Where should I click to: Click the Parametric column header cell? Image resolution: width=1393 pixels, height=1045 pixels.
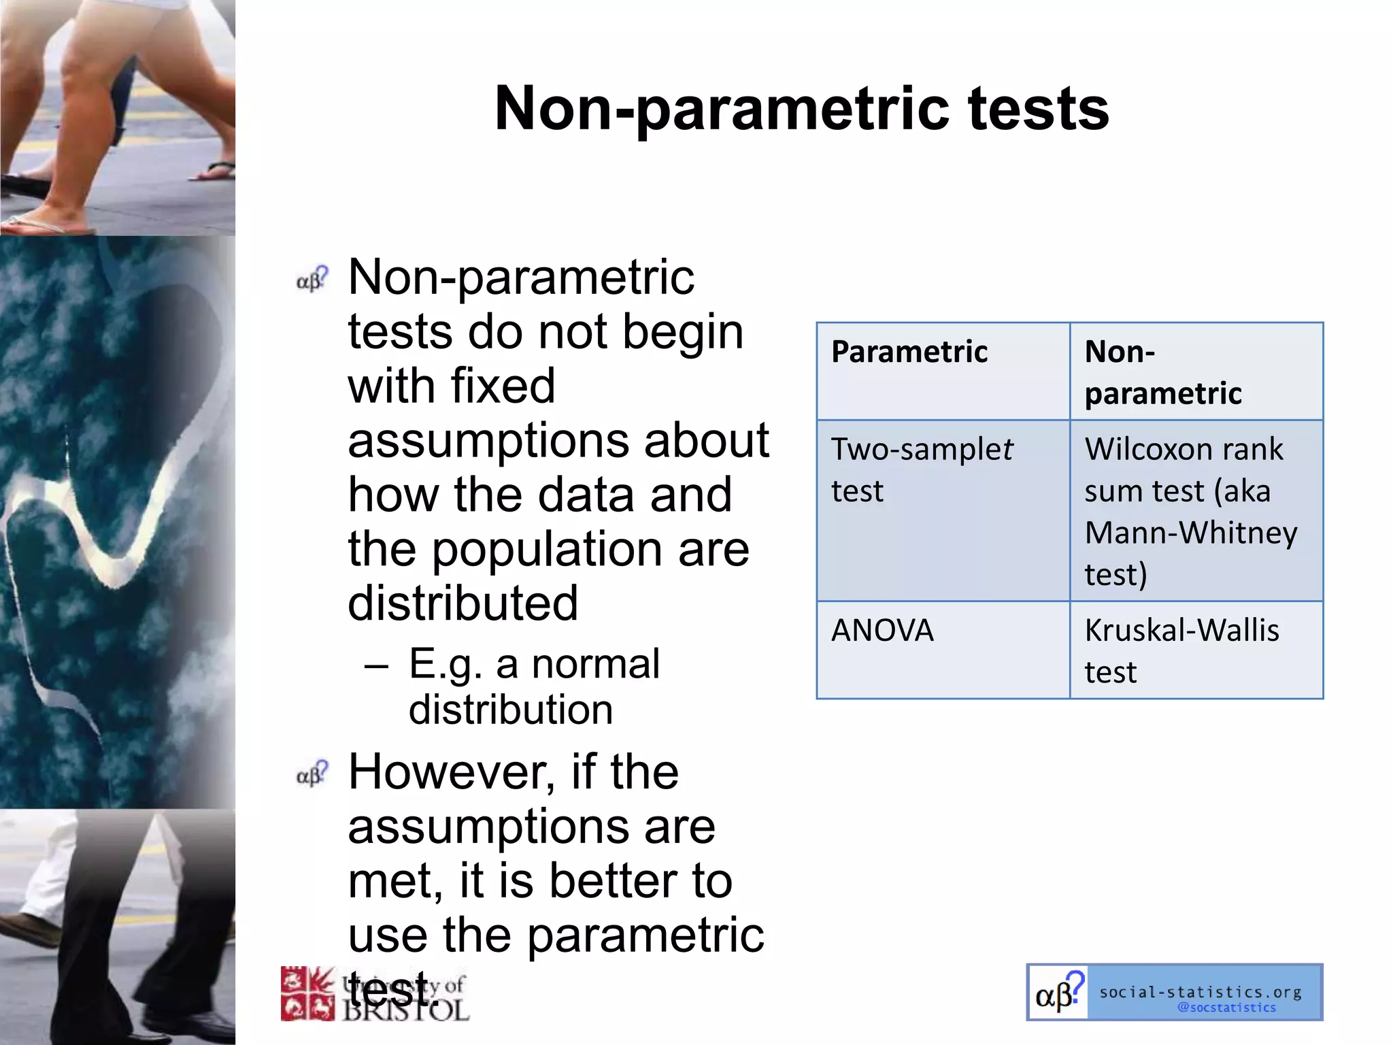tap(943, 371)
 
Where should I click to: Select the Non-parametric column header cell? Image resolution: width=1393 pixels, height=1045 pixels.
tap(1196, 371)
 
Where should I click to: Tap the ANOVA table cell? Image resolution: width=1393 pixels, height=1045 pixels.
tap(943, 650)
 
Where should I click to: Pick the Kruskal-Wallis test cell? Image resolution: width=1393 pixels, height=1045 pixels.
tap(1196, 650)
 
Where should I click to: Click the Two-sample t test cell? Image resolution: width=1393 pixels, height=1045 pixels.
tap(943, 510)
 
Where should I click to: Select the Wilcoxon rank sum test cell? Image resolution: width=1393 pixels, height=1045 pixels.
tap(1196, 510)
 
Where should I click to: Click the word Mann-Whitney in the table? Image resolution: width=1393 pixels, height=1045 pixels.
tap(1190, 533)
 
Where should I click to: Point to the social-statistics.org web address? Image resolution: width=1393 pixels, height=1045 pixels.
tap(1201, 992)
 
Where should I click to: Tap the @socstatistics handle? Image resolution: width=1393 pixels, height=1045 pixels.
tap(1226, 1008)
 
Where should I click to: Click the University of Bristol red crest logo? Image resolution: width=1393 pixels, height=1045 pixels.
tap(307, 993)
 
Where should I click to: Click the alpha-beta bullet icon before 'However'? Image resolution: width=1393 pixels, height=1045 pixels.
tap(312, 774)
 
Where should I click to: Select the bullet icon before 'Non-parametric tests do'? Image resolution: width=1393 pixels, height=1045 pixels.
tap(312, 279)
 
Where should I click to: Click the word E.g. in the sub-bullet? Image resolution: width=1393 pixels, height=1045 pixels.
tap(445, 664)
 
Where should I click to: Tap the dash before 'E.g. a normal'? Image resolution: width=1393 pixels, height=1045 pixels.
tap(376, 665)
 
